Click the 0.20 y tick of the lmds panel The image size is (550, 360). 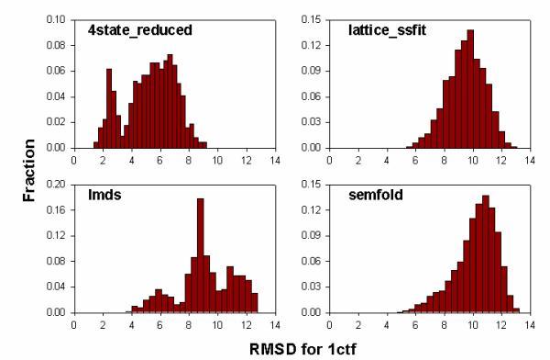tap(57, 184)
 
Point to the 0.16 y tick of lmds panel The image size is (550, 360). tap(57, 209)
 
